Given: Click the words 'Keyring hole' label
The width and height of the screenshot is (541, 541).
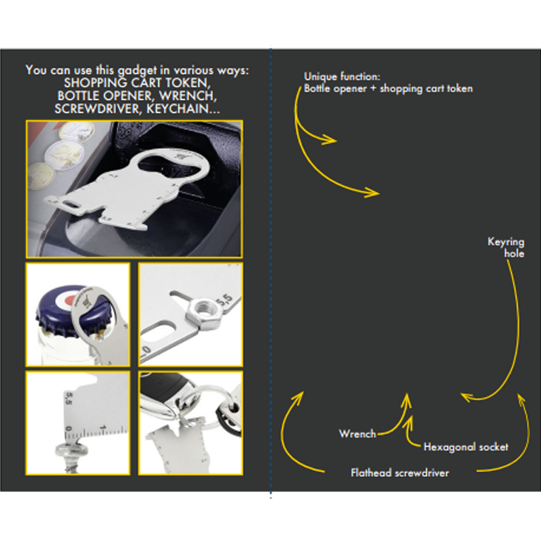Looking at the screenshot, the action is [506, 247].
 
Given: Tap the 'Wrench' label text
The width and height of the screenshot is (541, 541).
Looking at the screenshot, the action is [357, 434].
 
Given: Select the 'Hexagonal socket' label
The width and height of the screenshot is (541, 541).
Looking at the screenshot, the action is [466, 447].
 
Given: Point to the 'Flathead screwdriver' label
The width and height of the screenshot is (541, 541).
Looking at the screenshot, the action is [400, 473].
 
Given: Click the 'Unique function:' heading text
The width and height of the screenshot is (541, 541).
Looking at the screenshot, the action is [342, 77].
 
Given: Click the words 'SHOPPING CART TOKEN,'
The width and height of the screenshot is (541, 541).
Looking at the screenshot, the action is [137, 82].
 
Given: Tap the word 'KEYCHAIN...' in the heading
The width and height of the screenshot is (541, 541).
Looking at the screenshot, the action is [183, 109].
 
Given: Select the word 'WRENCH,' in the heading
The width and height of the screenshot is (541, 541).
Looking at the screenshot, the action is [188, 96].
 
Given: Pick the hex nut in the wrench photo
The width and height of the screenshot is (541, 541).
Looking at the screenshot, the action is [203, 313].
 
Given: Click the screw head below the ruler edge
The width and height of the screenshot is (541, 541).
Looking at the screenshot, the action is [72, 450].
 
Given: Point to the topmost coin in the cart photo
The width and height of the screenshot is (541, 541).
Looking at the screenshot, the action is [76, 132].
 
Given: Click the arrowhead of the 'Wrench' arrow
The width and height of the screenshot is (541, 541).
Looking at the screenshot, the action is [407, 400].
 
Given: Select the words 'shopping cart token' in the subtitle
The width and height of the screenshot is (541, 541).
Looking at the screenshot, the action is [426, 89].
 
